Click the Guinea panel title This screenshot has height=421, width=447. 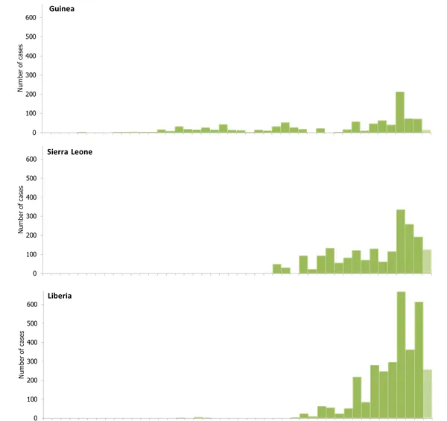click(65, 9)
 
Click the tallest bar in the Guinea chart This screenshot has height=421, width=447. click(400, 113)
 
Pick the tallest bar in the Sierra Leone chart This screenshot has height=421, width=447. click(401, 242)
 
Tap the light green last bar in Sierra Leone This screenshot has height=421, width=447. click(427, 262)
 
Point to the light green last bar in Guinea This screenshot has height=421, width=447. click(427, 131)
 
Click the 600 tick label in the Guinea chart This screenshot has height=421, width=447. click(31, 18)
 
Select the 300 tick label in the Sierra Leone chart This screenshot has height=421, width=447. click(31, 216)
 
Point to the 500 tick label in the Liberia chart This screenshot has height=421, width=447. click(31, 323)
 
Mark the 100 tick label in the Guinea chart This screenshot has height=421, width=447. click(31, 113)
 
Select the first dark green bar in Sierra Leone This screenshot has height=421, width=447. click(277, 269)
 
